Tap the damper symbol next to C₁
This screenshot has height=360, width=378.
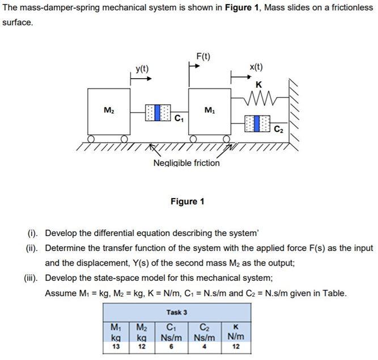pos(158,113)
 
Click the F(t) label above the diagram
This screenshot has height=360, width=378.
pos(203,56)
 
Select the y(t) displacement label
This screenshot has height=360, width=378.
pos(142,68)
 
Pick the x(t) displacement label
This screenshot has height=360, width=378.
pos(256,67)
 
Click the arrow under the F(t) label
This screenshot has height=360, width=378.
pos(194,66)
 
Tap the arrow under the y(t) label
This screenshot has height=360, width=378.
pos(141,79)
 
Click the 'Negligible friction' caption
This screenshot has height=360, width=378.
pos(186,163)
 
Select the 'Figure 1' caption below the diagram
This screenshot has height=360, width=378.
pos(188,202)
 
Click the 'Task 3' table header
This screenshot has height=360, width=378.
pos(177,312)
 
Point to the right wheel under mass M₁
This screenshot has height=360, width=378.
pos(227,139)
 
